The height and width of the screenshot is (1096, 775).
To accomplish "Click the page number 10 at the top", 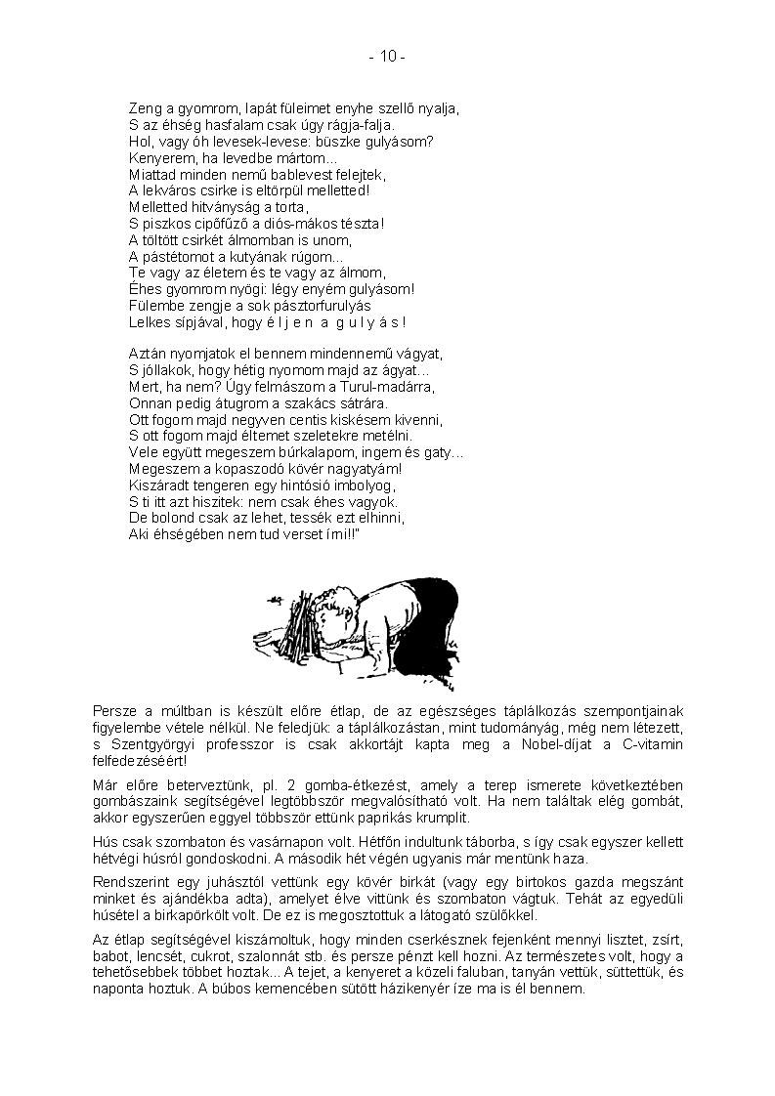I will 388,58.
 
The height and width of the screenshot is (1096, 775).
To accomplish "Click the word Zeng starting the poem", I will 146,109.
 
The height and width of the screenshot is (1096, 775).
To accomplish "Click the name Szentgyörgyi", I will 142,745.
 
